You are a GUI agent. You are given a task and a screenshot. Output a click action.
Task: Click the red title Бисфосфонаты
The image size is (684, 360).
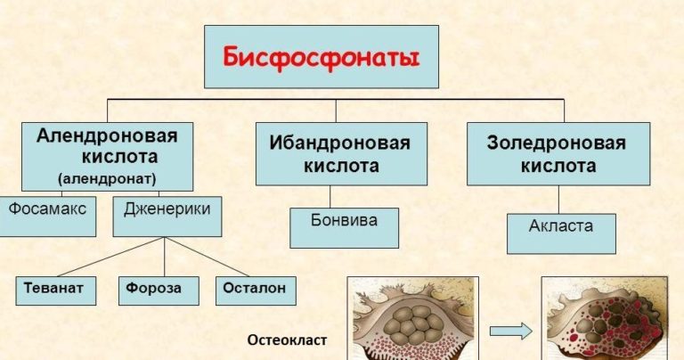(x=322, y=56)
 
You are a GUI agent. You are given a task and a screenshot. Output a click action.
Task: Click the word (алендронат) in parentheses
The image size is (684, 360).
(x=107, y=178)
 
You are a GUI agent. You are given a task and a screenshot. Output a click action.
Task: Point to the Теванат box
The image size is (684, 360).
(x=54, y=290)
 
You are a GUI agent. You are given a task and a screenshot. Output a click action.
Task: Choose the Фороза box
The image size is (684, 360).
(x=154, y=290)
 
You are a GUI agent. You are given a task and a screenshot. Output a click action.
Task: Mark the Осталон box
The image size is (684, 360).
(x=256, y=290)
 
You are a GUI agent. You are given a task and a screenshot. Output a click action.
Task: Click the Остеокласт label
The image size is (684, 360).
(x=287, y=340)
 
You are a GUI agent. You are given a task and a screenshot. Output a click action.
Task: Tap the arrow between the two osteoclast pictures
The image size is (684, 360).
(x=511, y=331)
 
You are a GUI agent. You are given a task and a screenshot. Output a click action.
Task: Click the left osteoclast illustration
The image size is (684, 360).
(x=411, y=319)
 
